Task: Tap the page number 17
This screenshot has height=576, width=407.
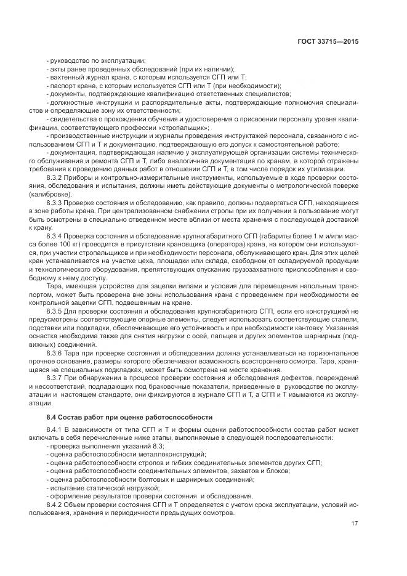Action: point(355,524)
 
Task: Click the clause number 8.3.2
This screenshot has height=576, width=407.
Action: point(57,177)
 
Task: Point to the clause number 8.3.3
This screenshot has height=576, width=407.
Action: point(57,203)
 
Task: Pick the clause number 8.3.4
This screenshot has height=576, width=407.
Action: point(57,236)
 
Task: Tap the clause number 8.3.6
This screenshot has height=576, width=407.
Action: point(57,353)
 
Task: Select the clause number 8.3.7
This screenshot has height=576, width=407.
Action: point(57,378)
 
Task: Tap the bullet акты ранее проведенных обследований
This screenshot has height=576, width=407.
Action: point(141,69)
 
